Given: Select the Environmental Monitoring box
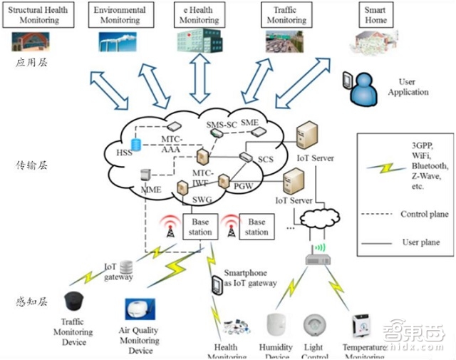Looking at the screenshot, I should click(x=118, y=16).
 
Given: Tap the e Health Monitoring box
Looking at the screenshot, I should click(x=199, y=16).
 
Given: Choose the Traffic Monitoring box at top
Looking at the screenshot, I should click(x=286, y=16).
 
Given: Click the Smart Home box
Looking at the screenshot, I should click(x=375, y=16).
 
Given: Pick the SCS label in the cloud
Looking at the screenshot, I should click(x=266, y=158).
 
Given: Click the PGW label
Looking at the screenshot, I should click(x=242, y=186).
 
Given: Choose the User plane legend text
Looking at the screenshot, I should click(x=420, y=242).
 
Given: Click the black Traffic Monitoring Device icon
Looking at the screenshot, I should click(x=73, y=303).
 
